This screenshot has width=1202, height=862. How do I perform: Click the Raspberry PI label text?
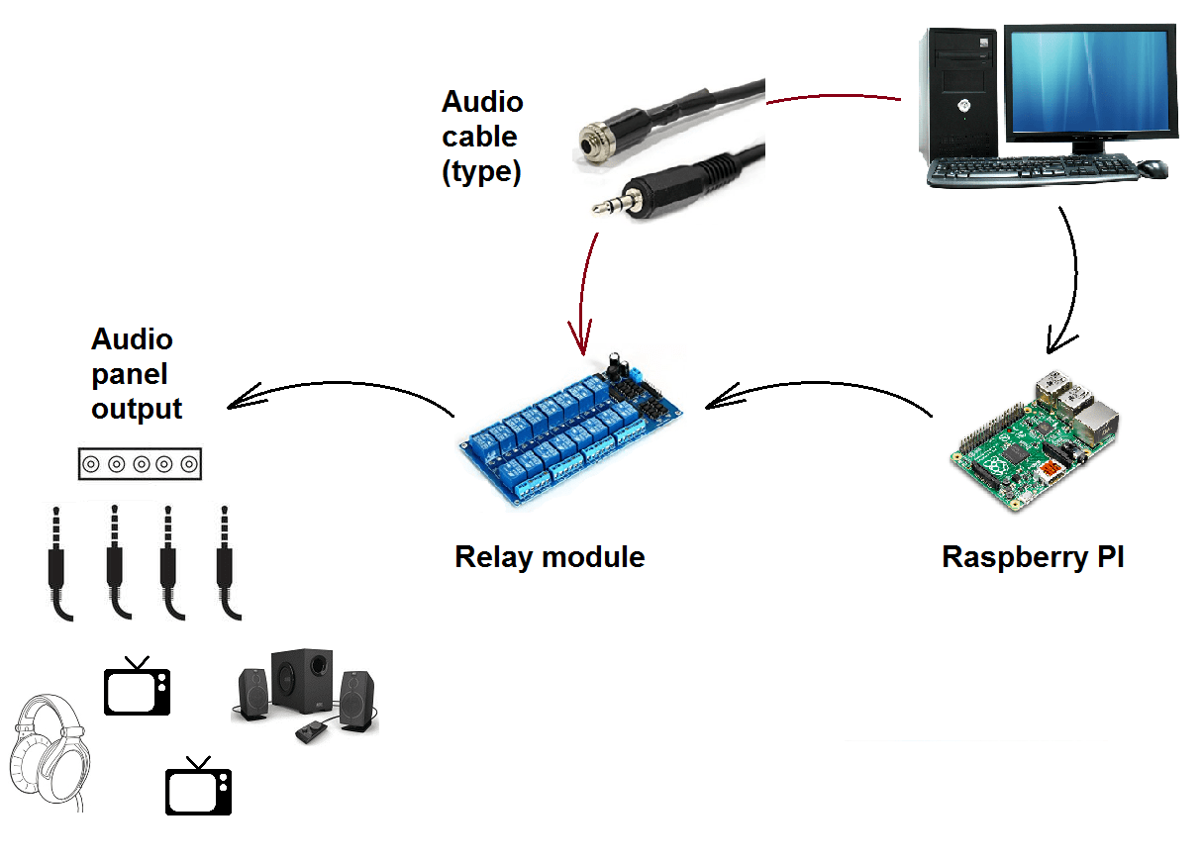point(1033,557)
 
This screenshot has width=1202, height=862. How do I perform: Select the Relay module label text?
point(550,557)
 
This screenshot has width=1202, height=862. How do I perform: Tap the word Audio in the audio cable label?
point(482,102)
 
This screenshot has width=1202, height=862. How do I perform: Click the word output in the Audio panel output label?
point(137,409)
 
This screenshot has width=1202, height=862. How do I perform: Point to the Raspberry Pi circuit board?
point(1035,440)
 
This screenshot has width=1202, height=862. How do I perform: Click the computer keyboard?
point(1030,171)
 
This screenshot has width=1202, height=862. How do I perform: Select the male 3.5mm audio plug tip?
point(604,208)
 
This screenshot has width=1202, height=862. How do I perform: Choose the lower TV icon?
point(198,791)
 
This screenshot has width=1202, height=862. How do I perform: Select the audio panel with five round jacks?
point(141,463)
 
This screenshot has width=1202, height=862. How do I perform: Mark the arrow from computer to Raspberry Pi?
point(1072,287)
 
